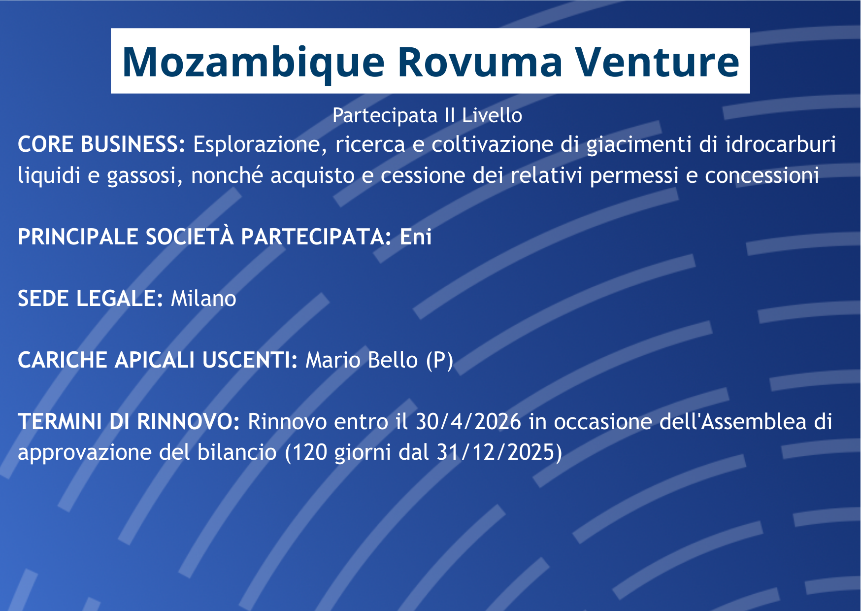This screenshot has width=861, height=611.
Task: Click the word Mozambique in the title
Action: [x=253, y=63]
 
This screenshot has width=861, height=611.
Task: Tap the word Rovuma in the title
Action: [x=480, y=63]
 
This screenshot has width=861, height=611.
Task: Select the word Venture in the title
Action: [x=658, y=63]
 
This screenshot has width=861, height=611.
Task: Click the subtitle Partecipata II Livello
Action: [x=427, y=115]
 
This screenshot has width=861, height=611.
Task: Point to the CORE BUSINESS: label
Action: [x=101, y=144]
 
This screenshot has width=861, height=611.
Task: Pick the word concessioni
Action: [x=762, y=175]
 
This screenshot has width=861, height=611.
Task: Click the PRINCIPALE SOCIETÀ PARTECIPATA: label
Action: [x=205, y=237]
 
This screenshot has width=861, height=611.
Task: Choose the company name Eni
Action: [x=416, y=237]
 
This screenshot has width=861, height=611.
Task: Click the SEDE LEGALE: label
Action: [x=90, y=299]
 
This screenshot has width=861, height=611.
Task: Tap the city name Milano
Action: [x=203, y=299]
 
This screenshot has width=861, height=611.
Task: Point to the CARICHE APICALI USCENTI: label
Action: [x=158, y=360]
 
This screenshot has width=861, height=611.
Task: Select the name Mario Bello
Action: [x=362, y=360]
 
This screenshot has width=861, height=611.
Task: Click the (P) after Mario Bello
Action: [x=439, y=361]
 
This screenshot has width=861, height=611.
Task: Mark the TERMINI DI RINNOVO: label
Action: [x=129, y=422]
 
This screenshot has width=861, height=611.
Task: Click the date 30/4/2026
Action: [x=468, y=422]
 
